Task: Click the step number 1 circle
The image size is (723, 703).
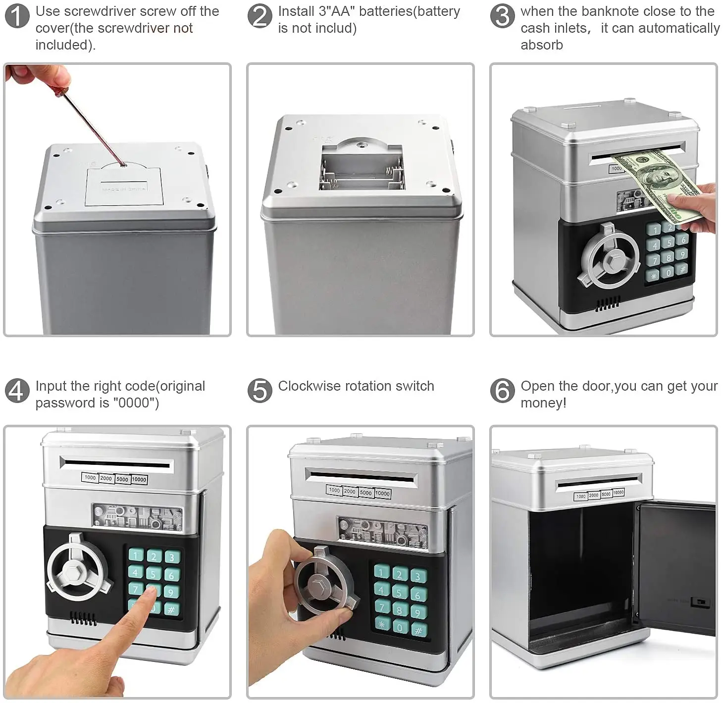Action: pos(17,16)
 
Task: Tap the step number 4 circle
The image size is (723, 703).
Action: pos(17,391)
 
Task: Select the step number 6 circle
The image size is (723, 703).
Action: pos(502,391)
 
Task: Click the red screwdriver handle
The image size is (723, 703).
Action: pos(59,87)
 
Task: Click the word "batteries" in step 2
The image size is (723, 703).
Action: pos(386,11)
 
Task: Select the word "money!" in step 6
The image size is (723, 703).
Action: pos(544,403)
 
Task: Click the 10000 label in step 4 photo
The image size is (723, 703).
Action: pos(139,479)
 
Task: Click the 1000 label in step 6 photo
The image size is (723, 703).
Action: pos(581,496)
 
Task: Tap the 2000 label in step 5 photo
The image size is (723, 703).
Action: pos(350,491)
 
